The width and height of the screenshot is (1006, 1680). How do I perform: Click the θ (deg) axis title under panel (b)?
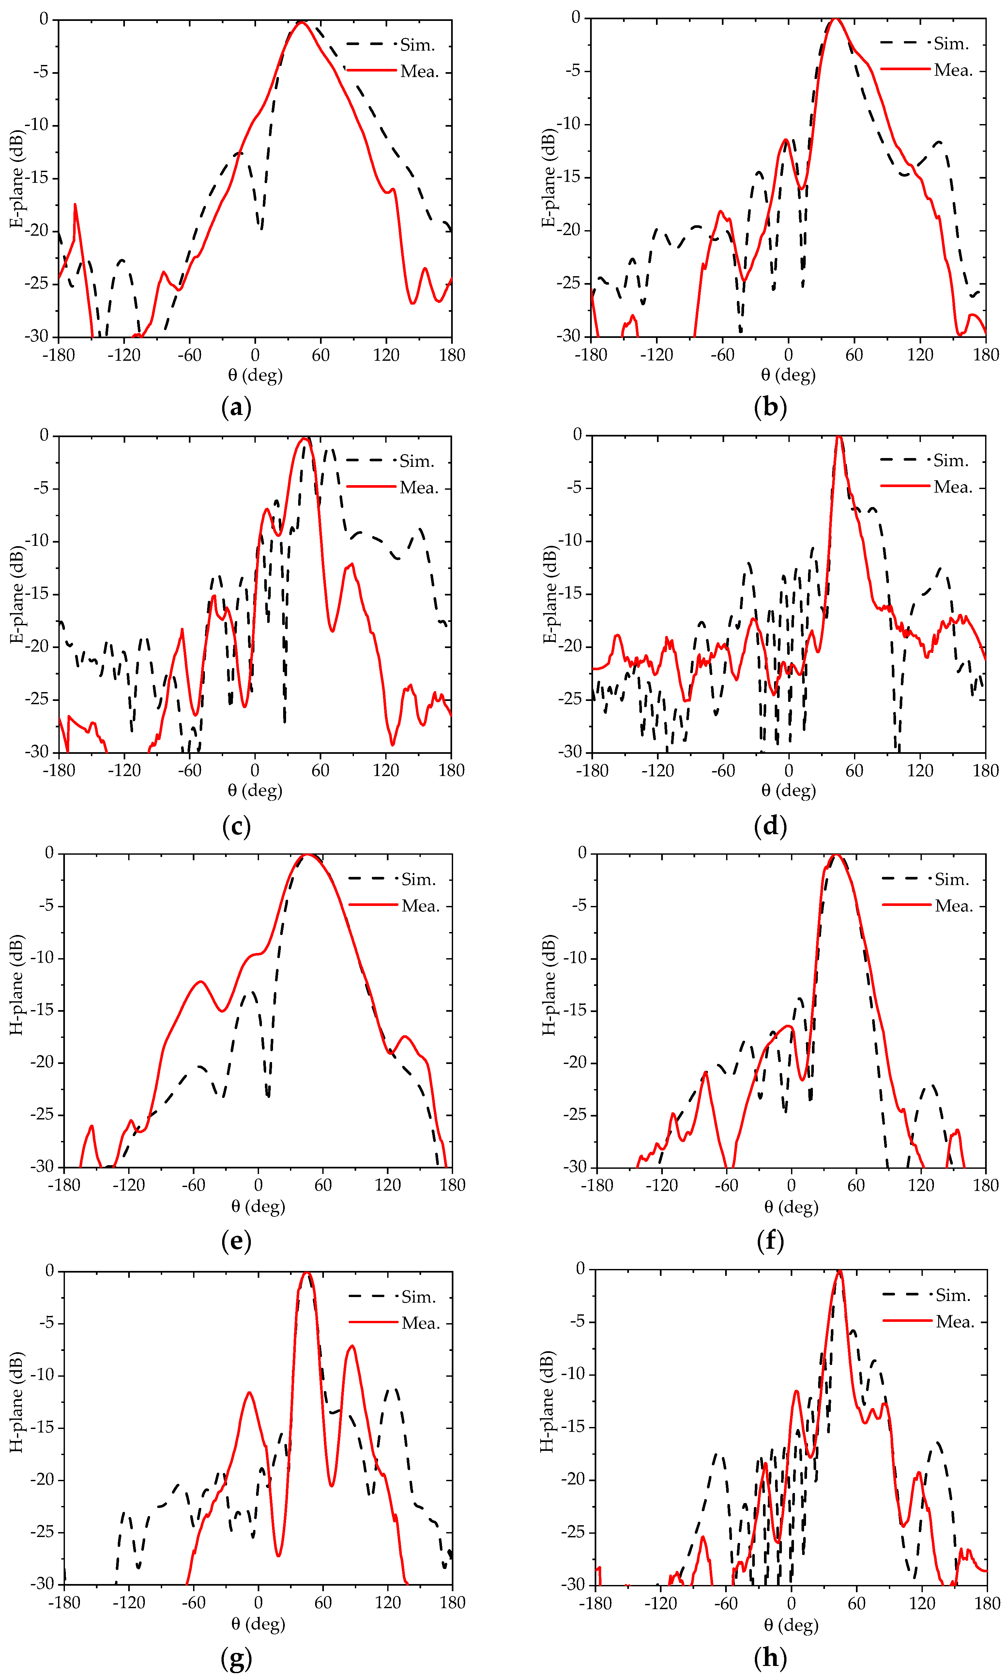[788, 374]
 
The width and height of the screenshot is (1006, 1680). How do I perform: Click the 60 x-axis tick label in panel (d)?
[854, 770]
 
